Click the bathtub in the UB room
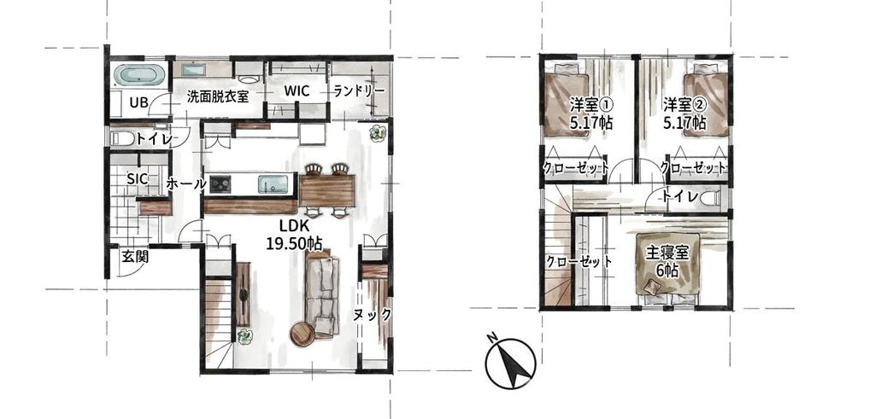point(138,75)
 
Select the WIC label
point(297,90)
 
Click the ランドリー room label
point(359,91)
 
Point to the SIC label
point(138,179)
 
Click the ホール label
point(186,183)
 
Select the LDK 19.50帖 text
point(293,235)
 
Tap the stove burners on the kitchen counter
point(220,183)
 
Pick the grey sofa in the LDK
point(323,288)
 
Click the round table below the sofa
point(302,334)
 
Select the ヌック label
point(373,314)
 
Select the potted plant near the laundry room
point(376,133)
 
